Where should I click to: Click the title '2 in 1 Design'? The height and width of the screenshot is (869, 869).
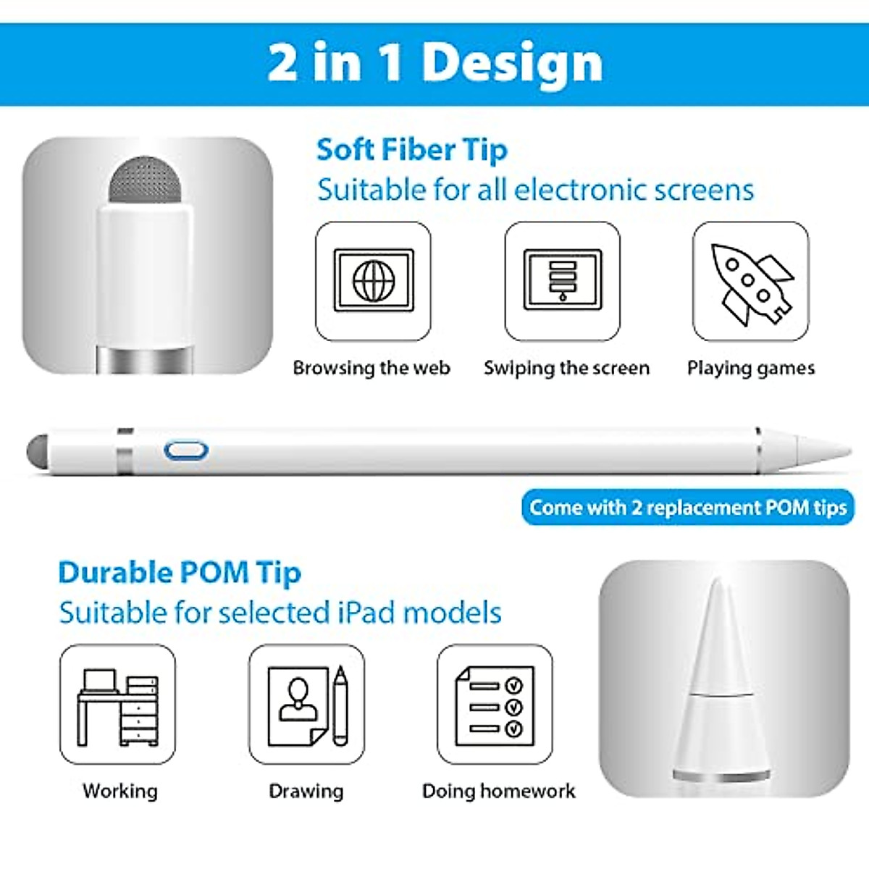pyautogui.click(x=434, y=64)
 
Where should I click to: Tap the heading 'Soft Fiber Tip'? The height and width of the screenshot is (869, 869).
pyautogui.click(x=411, y=150)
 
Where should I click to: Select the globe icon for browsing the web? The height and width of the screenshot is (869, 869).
pyautogui.click(x=374, y=280)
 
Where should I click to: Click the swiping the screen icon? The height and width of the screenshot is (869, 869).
pyautogui.click(x=563, y=280)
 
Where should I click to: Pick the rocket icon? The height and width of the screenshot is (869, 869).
pyautogui.click(x=751, y=282)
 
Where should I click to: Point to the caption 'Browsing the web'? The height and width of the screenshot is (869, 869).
pyautogui.click(x=371, y=368)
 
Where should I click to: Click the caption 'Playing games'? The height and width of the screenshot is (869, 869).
pyautogui.click(x=751, y=368)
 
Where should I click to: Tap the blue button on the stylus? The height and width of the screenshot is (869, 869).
pyautogui.click(x=186, y=450)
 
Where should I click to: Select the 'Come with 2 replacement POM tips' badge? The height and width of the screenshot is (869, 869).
pyautogui.click(x=688, y=507)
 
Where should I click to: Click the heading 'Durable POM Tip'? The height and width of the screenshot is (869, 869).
pyautogui.click(x=180, y=573)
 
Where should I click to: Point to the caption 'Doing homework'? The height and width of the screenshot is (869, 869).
pyautogui.click(x=498, y=791)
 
